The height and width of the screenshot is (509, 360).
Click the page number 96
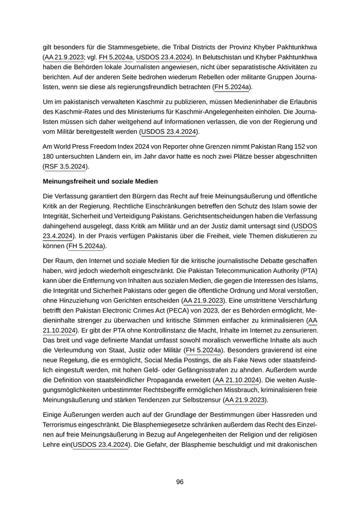(180, 482)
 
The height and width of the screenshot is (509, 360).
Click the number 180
(49, 156)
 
